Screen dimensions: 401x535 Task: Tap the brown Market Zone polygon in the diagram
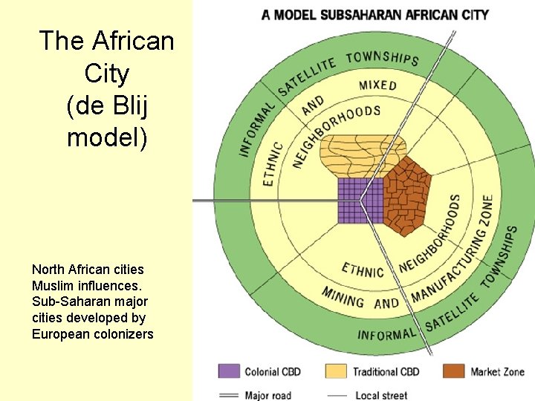tap(406, 195)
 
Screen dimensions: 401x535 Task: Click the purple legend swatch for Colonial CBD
tap(229, 371)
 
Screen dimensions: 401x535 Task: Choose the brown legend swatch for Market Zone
tap(453, 371)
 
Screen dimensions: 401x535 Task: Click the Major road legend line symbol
tap(229, 395)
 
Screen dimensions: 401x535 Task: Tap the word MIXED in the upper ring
tap(377, 85)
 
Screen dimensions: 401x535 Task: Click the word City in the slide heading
tap(106, 74)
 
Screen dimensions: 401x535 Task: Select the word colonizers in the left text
tap(122, 334)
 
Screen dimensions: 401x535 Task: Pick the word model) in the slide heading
tap(106, 137)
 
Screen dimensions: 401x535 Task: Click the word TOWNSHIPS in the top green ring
tap(383, 58)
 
